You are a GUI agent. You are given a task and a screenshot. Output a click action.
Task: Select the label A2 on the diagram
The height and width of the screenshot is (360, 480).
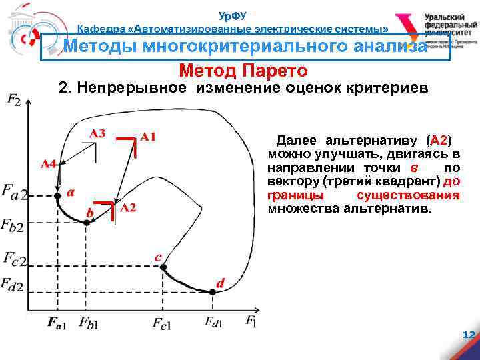click(128, 208)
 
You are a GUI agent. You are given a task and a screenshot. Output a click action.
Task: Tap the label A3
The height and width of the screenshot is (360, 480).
click(97, 133)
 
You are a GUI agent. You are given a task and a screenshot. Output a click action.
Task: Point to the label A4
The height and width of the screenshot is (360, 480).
click(47, 163)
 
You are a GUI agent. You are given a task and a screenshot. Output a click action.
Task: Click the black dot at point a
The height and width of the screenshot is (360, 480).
click(57, 195)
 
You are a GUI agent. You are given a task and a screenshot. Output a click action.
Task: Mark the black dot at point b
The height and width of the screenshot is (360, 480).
click(87, 223)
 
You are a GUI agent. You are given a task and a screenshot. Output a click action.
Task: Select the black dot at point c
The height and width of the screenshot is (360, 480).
click(163, 267)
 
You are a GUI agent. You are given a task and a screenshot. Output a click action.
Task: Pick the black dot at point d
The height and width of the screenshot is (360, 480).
click(212, 291)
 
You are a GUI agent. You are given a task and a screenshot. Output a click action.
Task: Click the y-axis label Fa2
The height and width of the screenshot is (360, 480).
click(15, 194)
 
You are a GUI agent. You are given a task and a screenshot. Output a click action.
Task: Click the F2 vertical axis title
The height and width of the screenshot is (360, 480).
click(13, 101)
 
